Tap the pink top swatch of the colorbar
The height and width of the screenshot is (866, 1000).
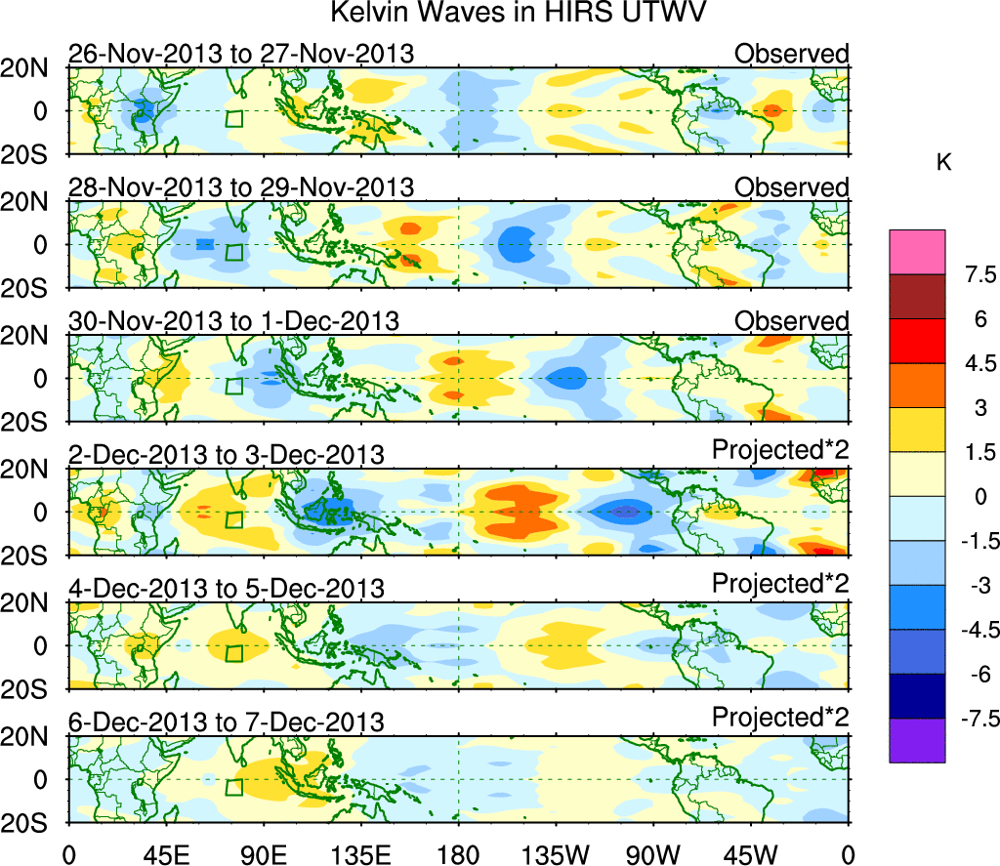(917, 252)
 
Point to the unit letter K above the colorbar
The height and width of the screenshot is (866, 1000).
(943, 163)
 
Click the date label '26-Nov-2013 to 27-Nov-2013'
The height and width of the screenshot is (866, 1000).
(241, 54)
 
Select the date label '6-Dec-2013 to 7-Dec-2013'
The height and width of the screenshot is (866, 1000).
(226, 722)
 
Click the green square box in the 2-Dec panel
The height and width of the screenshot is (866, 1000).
(233, 519)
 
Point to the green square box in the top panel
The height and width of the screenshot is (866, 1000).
(233, 118)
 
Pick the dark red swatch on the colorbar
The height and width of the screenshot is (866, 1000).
(917, 297)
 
